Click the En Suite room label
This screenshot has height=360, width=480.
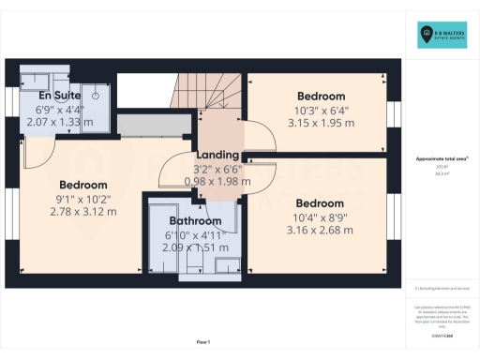[59, 96]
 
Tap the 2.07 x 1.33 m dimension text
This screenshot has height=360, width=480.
[59, 123]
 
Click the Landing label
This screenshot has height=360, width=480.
[217, 156]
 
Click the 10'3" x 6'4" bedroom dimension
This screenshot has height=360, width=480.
[321, 109]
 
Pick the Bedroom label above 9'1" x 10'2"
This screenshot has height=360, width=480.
[83, 185]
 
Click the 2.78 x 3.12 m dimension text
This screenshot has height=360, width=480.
[83, 212]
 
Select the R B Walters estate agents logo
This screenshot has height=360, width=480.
[442, 36]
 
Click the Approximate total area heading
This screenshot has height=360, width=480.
[442, 159]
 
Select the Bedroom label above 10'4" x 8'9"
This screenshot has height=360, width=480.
[321, 202]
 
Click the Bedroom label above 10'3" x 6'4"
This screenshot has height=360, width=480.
[321, 96]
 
